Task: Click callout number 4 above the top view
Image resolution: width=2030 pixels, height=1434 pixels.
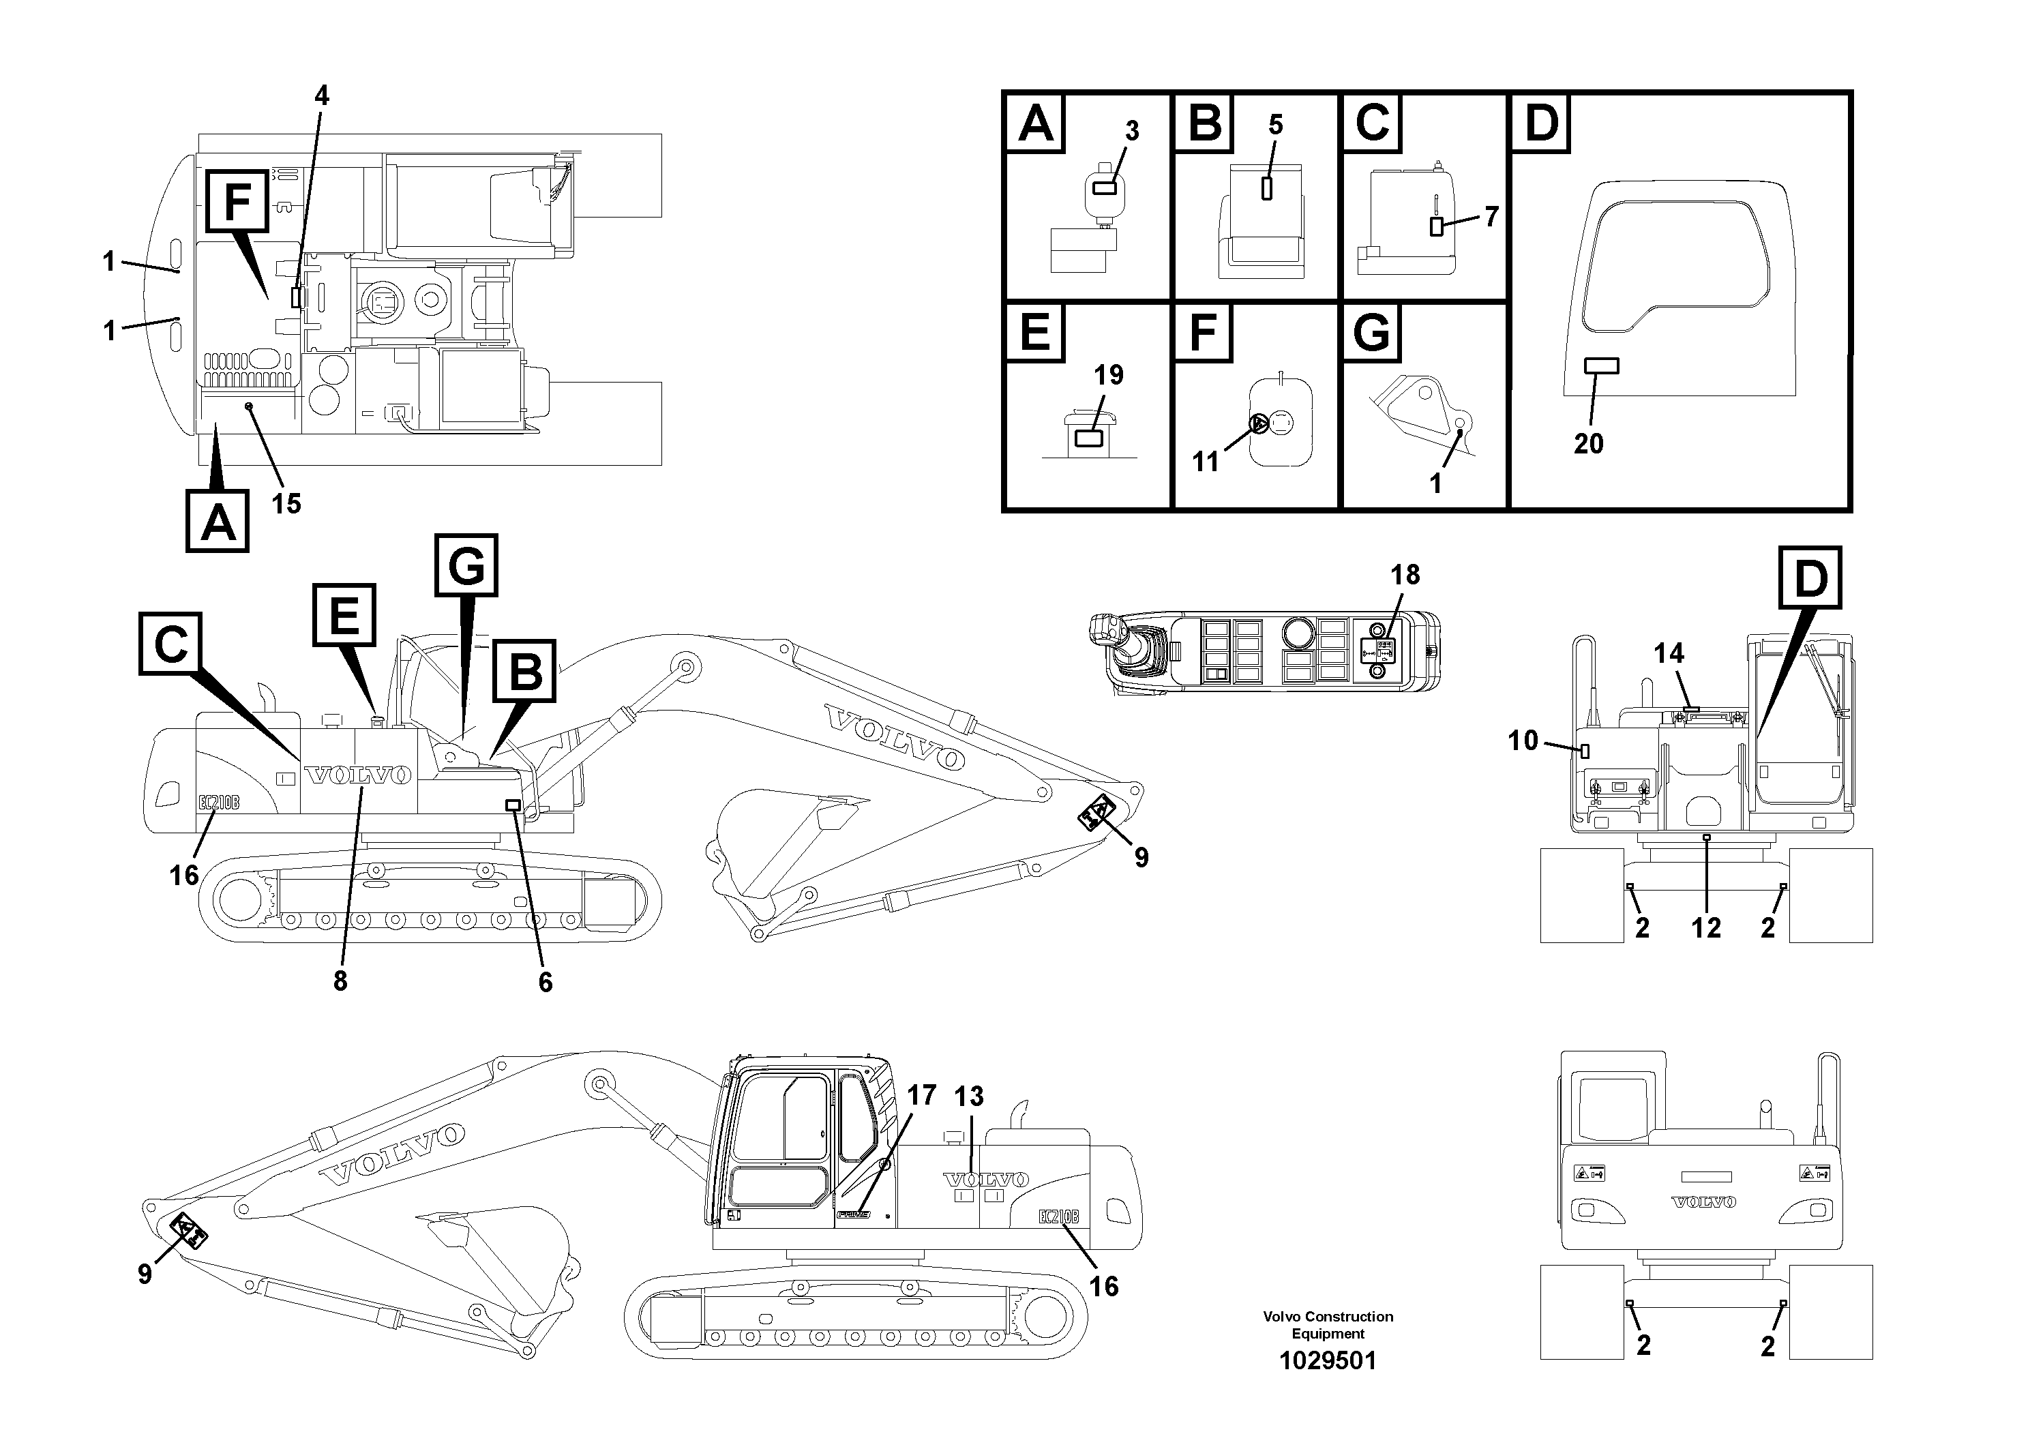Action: pyautogui.click(x=322, y=95)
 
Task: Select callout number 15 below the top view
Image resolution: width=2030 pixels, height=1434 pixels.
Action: pyautogui.click(x=286, y=504)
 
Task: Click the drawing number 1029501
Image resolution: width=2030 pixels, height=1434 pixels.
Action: pyautogui.click(x=1328, y=1360)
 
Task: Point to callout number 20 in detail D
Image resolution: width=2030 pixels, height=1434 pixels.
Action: pyautogui.click(x=1588, y=443)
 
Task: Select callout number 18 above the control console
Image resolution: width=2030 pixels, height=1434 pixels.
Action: pyautogui.click(x=1405, y=575)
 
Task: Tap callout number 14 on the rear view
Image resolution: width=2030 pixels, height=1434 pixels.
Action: pyautogui.click(x=1669, y=653)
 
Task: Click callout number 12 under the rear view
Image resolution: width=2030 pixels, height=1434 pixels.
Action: pyautogui.click(x=1705, y=927)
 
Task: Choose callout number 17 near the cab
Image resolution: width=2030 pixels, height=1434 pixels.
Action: pyautogui.click(x=921, y=1095)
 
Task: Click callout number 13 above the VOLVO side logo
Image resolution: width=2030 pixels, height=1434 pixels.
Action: pyautogui.click(x=969, y=1096)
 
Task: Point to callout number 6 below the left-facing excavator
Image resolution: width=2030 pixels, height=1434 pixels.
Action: pyautogui.click(x=546, y=981)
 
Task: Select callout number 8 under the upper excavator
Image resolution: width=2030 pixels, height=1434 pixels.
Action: pyautogui.click(x=340, y=981)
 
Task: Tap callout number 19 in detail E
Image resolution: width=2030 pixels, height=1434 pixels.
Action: pyautogui.click(x=1109, y=375)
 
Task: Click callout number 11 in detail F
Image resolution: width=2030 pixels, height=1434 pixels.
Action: pyautogui.click(x=1205, y=462)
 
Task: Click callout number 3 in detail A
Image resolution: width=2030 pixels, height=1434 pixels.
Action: pyautogui.click(x=1132, y=131)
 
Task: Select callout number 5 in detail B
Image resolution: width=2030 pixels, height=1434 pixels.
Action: pyautogui.click(x=1275, y=125)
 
